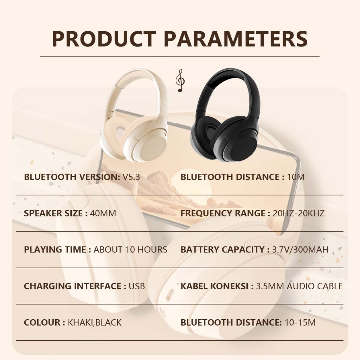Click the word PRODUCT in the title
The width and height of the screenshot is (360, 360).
click(x=104, y=39)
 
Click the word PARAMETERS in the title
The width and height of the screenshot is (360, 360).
click(x=236, y=39)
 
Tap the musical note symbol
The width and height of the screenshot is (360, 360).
click(x=180, y=81)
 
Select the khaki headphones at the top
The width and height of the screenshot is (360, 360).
click(x=134, y=115)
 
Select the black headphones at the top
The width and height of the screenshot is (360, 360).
click(x=225, y=115)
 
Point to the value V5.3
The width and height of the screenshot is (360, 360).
click(x=131, y=177)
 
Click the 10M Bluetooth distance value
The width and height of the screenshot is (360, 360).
click(x=296, y=177)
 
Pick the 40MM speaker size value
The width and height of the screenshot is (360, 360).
click(x=103, y=213)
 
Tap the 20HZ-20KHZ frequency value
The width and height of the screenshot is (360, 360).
click(x=298, y=213)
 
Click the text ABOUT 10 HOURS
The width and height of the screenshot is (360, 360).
click(x=130, y=250)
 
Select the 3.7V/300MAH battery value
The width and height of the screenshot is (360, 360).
click(x=300, y=250)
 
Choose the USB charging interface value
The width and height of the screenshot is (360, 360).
click(x=137, y=286)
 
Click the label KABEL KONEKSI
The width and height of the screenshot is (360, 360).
click(x=214, y=286)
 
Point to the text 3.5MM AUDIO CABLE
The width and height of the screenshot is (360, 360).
click(x=299, y=286)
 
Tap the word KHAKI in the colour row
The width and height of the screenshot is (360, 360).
click(x=81, y=322)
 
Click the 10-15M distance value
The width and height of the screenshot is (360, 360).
click(x=300, y=322)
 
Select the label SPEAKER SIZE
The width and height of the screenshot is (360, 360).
click(x=53, y=213)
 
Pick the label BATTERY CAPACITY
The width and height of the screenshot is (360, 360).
click(x=223, y=250)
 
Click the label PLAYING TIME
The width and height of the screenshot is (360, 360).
click(x=55, y=250)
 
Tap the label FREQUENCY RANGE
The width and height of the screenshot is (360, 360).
click(x=223, y=213)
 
